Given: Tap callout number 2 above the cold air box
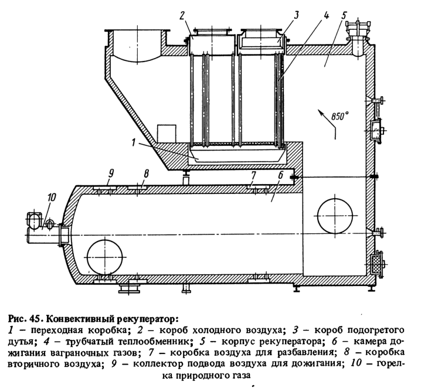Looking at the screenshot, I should pos(182,15).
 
